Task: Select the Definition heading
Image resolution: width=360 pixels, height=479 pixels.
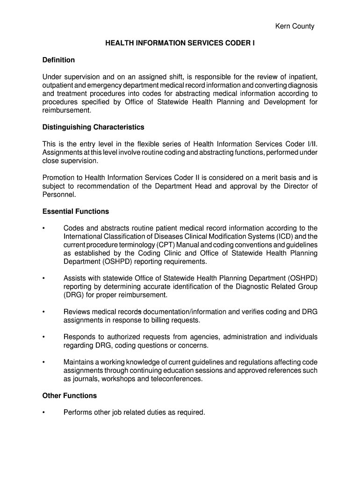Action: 58,60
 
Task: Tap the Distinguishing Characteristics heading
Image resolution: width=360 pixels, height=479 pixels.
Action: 93,127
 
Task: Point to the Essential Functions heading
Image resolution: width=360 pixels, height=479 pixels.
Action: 75,211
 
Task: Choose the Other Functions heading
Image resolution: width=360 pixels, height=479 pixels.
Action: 69,396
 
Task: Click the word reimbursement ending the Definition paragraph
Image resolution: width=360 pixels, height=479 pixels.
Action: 66,110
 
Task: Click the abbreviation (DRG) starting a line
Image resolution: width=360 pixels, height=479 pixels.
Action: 73,295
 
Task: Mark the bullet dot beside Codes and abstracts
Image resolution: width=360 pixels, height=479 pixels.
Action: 43,229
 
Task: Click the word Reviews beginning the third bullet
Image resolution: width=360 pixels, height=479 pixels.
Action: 76,312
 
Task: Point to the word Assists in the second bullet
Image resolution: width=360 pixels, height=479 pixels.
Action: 75,278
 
